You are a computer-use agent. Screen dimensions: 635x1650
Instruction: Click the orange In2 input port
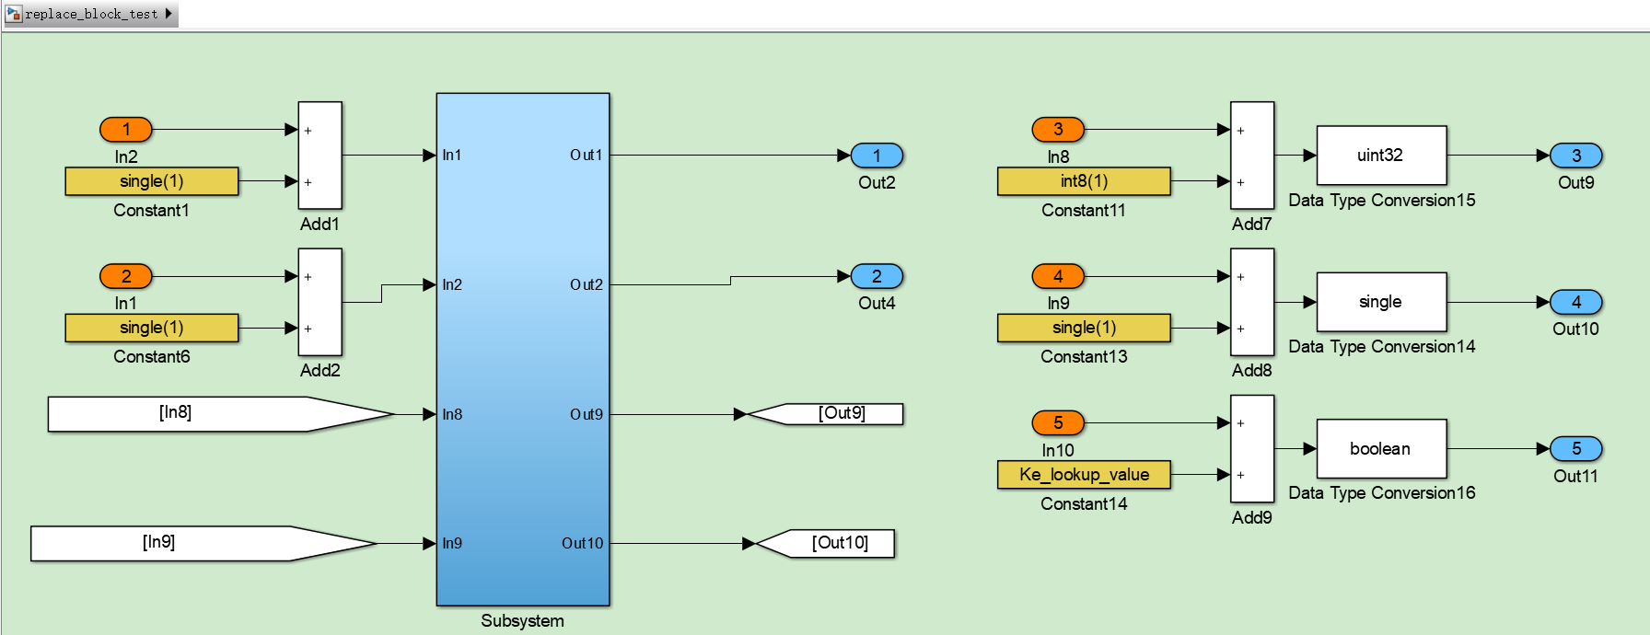[x=126, y=130]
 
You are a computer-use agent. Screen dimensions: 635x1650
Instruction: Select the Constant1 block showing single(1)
[x=152, y=181]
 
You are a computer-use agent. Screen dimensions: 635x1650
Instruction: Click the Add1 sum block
[x=320, y=156]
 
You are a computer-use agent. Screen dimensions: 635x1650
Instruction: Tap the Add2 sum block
[x=320, y=302]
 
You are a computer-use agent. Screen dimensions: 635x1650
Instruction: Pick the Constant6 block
[x=152, y=328]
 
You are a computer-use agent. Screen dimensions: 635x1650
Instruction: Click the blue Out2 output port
[x=877, y=156]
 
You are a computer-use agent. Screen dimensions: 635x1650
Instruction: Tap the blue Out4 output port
[x=877, y=276]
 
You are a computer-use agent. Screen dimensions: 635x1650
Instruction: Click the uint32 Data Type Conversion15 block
[x=1381, y=156]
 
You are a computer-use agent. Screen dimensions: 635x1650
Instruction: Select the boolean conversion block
[x=1381, y=449]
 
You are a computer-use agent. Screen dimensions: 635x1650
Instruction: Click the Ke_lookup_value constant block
[x=1084, y=475]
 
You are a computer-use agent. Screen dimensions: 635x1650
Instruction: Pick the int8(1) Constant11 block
[x=1084, y=181]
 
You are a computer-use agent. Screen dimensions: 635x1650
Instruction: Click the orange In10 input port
[x=1058, y=423]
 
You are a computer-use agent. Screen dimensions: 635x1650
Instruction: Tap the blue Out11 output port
[x=1576, y=449]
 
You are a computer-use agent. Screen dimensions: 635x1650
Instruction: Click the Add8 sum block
[x=1252, y=302]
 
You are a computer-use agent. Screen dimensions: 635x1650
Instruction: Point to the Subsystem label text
[x=522, y=621]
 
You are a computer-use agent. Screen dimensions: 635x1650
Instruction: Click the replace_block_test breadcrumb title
[x=91, y=14]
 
